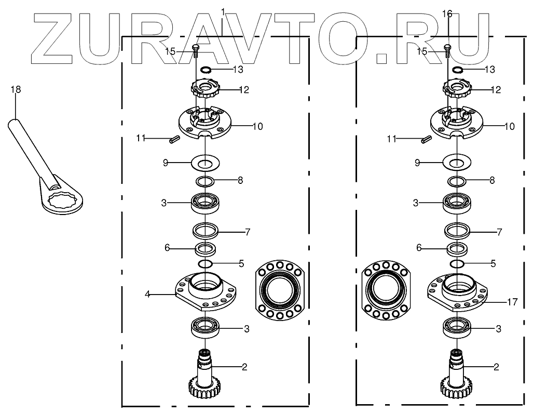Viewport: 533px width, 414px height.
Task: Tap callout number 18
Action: tap(16, 90)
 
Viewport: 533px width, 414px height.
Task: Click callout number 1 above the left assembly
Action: tap(223, 11)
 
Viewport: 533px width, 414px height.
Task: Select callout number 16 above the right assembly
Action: tap(447, 14)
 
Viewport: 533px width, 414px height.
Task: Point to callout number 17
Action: tap(512, 301)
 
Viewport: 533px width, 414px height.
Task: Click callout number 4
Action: tap(147, 295)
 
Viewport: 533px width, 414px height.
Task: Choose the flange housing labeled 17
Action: tap(457, 293)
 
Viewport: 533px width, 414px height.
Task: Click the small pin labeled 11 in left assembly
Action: tap(175, 139)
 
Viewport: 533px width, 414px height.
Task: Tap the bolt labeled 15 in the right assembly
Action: tap(447, 50)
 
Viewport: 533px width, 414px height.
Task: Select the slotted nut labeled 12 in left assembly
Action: tap(206, 90)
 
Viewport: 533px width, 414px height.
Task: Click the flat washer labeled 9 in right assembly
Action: tap(457, 163)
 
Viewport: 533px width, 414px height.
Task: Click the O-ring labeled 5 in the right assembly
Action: tap(457, 264)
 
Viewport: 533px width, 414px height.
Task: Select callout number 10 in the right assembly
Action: tap(510, 126)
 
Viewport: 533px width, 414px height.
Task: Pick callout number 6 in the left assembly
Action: tap(167, 248)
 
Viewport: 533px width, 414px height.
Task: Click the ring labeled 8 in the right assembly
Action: tap(456, 181)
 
